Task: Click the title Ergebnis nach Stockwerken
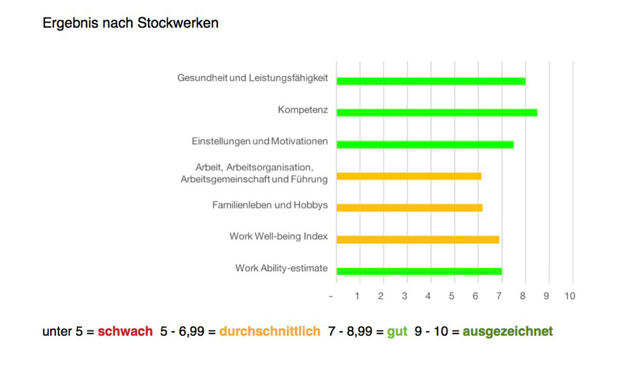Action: pyautogui.click(x=130, y=23)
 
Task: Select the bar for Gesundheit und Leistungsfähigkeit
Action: pyautogui.click(x=431, y=81)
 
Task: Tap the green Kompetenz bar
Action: pyautogui.click(x=436, y=113)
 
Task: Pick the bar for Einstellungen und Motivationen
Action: pyautogui.click(x=425, y=145)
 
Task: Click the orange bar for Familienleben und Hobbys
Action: pyautogui.click(x=409, y=208)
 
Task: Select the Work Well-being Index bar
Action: pyautogui.click(x=418, y=239)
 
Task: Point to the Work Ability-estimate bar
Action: pyautogui.click(x=419, y=271)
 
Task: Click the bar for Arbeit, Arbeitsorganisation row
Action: pyautogui.click(x=408, y=177)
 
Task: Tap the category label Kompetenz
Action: pyautogui.click(x=302, y=110)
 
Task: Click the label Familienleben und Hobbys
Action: pyautogui.click(x=270, y=205)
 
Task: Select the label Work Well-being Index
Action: pyautogui.click(x=278, y=236)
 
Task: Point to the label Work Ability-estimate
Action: pyautogui.click(x=281, y=268)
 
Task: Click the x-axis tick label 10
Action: pyautogui.click(x=570, y=296)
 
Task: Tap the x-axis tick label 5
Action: pyautogui.click(x=452, y=296)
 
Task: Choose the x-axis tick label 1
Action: pyautogui.click(x=357, y=296)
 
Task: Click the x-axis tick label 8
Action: pyautogui.click(x=523, y=296)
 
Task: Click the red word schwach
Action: pyautogui.click(x=125, y=331)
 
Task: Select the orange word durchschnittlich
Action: pyautogui.click(x=269, y=331)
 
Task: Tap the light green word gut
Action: pyautogui.click(x=397, y=331)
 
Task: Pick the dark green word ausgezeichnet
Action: pyautogui.click(x=507, y=331)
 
